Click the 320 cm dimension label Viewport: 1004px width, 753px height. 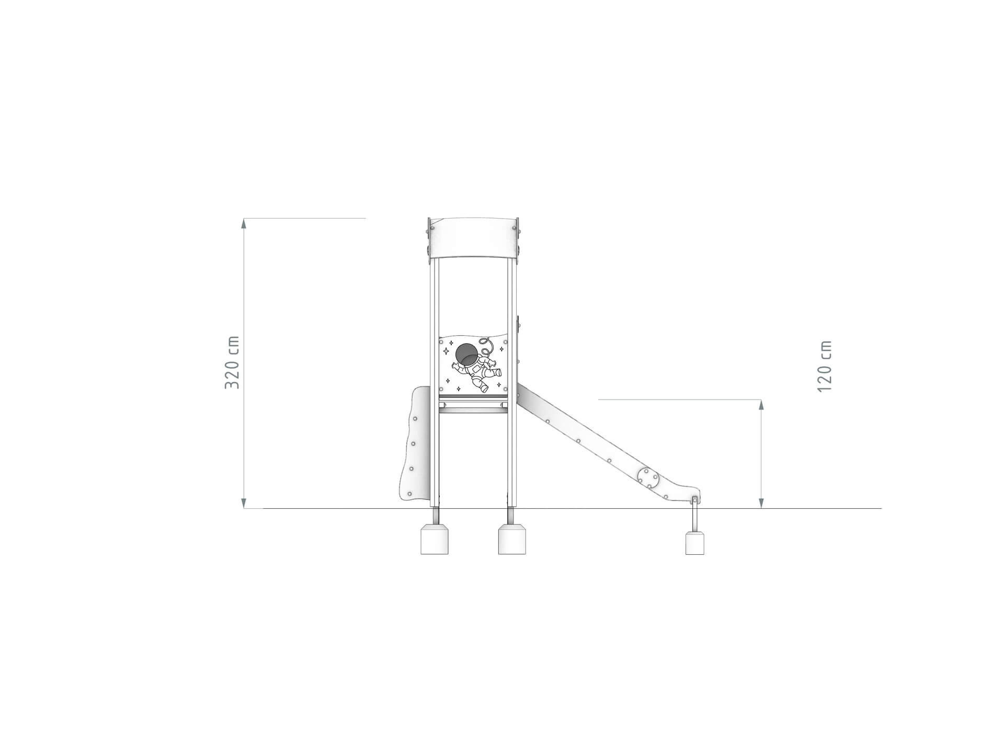pos(232,362)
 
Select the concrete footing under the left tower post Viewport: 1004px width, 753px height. pos(435,539)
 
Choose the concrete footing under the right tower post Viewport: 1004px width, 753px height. pos(512,539)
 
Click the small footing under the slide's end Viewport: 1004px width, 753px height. pos(694,543)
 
